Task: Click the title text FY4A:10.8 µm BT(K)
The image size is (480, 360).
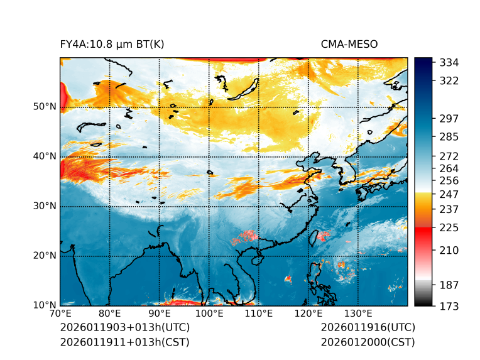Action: click(x=112, y=45)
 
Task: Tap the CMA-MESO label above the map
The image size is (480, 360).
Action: click(x=349, y=45)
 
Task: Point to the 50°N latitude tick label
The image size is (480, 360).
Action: click(x=44, y=107)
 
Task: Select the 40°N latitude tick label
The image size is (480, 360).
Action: click(x=44, y=156)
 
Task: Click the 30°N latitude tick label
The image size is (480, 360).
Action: click(x=44, y=206)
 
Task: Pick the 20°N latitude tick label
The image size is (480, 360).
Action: click(x=44, y=256)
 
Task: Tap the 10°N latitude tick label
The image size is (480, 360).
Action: click(x=44, y=305)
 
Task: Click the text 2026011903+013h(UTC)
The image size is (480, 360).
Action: click(x=124, y=328)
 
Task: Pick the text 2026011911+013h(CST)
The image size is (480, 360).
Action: click(x=124, y=342)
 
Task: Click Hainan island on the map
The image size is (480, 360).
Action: click(x=256, y=259)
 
